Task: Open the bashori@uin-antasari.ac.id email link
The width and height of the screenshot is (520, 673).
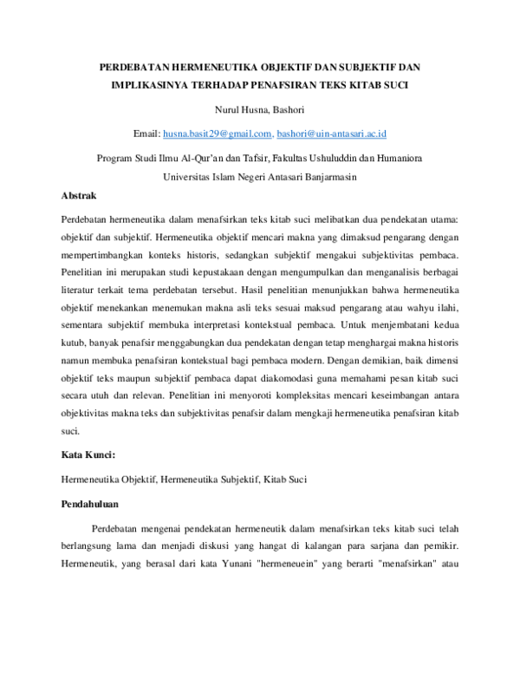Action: [332, 134]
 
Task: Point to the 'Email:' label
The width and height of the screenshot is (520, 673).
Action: [147, 134]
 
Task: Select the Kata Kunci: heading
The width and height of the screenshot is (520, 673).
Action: [89, 454]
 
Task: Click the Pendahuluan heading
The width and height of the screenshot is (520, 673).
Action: [90, 503]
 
